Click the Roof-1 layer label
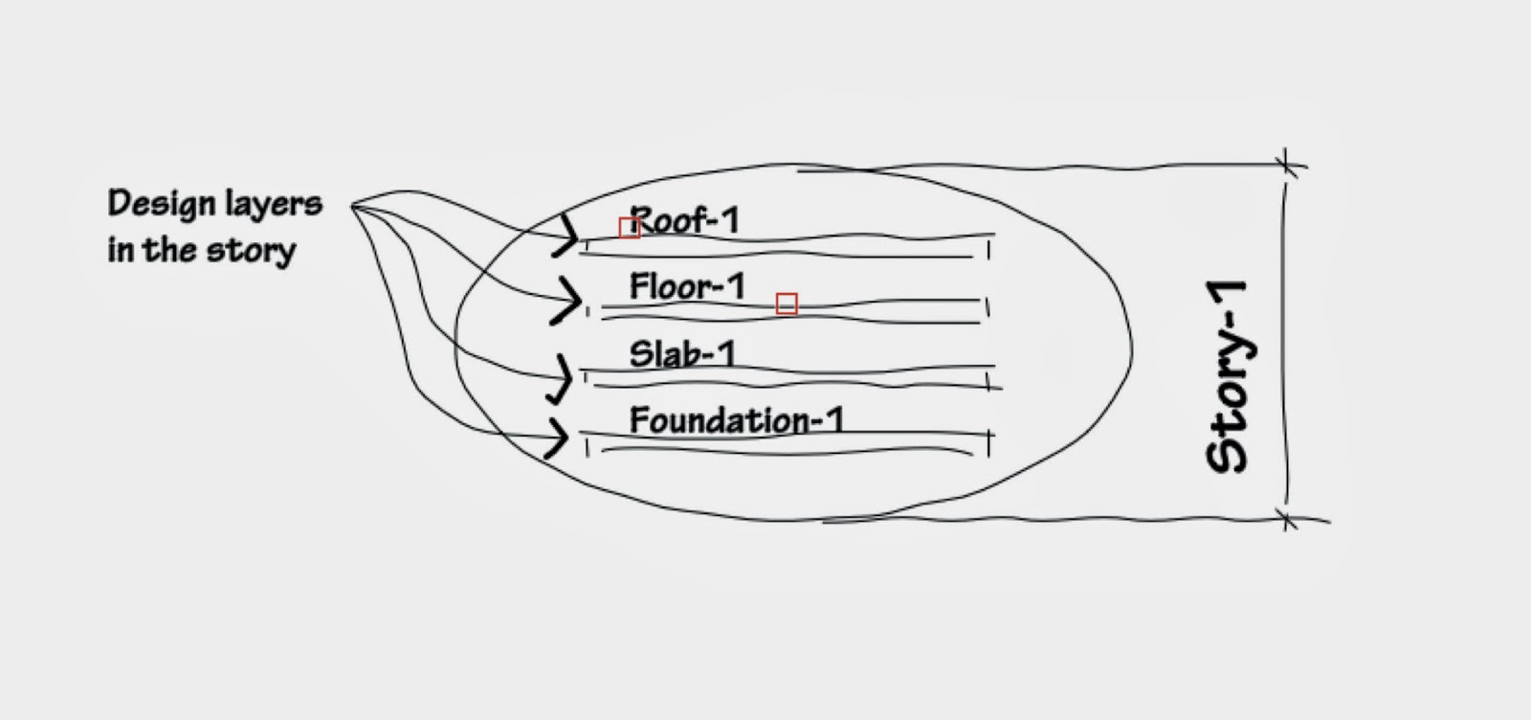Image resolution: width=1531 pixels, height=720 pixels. tap(685, 221)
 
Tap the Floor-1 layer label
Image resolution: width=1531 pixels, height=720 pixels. tap(687, 286)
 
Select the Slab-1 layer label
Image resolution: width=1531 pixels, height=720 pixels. tap(682, 354)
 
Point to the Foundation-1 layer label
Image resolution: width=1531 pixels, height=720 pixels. tap(736, 420)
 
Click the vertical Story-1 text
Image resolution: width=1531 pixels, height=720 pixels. tap(1229, 376)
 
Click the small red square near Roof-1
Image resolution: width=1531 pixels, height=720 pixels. tap(629, 227)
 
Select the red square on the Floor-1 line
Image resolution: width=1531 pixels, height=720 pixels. tap(787, 304)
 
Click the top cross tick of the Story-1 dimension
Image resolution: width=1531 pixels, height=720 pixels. tap(1288, 165)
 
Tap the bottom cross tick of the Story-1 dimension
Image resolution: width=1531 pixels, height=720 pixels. tap(1288, 520)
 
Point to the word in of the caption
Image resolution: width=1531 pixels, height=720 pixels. tap(120, 251)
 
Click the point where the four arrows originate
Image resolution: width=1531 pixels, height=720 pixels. tap(354, 205)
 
